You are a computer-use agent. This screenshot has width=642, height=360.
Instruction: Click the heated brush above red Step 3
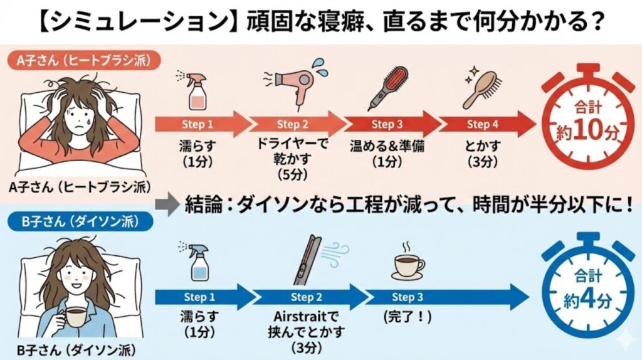(387, 89)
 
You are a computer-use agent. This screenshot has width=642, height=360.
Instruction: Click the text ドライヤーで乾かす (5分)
(292, 159)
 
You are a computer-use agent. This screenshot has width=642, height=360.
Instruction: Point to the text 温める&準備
(387, 146)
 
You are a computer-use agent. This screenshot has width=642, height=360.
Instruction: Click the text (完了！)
(408, 317)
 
